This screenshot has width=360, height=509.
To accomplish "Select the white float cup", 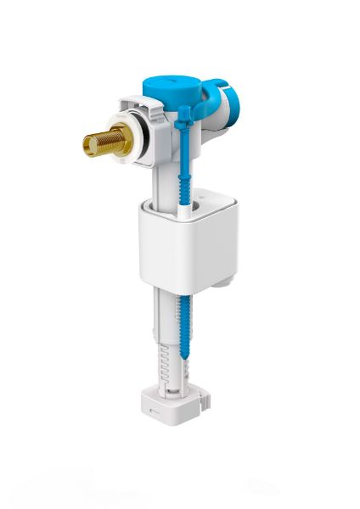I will [188, 243].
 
